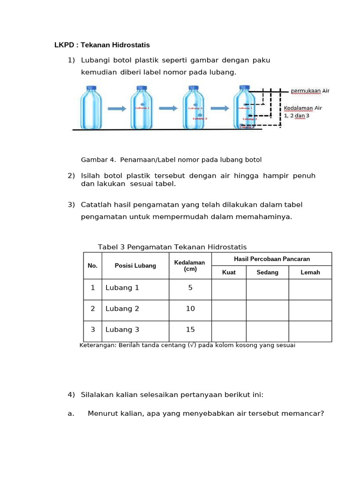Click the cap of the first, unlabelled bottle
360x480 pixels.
[x=91, y=88]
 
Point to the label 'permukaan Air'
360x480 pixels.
[x=310, y=91]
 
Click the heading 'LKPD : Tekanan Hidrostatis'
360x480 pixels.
[x=102, y=45]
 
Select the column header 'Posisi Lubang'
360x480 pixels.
[x=135, y=266]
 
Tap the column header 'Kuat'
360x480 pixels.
[x=229, y=272]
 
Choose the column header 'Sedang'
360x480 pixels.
[x=267, y=272]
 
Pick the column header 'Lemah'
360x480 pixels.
[x=310, y=272]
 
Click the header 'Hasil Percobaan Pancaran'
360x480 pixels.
[x=271, y=259]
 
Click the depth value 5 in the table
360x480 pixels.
[x=190, y=288]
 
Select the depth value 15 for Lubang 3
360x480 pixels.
[x=190, y=330]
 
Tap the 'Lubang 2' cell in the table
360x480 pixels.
[x=122, y=309]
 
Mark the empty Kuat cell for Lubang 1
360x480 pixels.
[x=229, y=289]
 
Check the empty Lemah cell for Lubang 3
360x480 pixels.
[x=310, y=331]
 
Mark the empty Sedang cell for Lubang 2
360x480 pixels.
[x=267, y=310]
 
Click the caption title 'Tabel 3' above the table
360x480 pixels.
[x=111, y=247]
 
